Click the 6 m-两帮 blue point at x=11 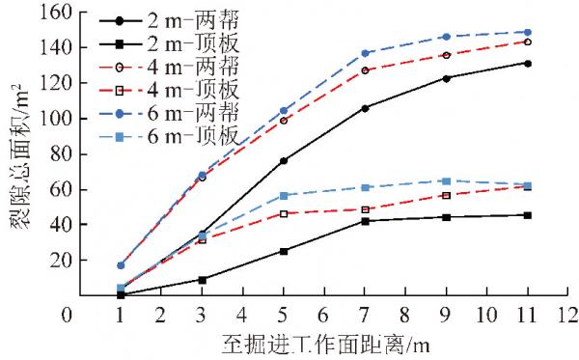click(x=528, y=32)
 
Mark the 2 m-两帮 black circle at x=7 click(x=365, y=108)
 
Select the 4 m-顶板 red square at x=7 click(x=365, y=209)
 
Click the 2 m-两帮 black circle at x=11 click(x=528, y=63)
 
